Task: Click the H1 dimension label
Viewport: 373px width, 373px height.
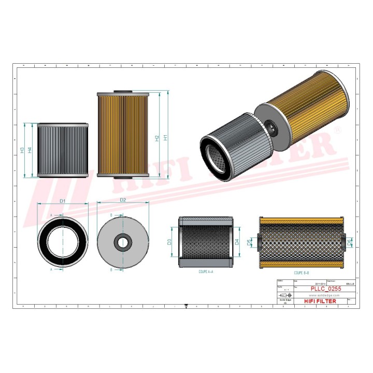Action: click(x=165, y=138)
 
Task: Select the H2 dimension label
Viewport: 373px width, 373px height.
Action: click(x=157, y=138)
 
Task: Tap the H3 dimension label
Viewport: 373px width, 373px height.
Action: click(x=22, y=150)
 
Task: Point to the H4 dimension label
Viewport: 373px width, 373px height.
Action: click(x=30, y=150)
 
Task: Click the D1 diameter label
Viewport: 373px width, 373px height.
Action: click(x=62, y=200)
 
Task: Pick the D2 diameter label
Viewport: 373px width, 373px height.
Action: click(x=123, y=200)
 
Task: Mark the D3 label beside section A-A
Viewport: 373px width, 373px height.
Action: click(x=169, y=242)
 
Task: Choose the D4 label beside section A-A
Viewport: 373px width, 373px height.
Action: click(x=237, y=242)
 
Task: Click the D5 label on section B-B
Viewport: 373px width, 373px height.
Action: click(x=250, y=242)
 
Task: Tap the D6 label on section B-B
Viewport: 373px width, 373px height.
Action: click(x=349, y=242)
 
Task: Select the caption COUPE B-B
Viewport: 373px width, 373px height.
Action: click(x=303, y=271)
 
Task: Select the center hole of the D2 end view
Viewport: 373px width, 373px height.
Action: click(x=123, y=241)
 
